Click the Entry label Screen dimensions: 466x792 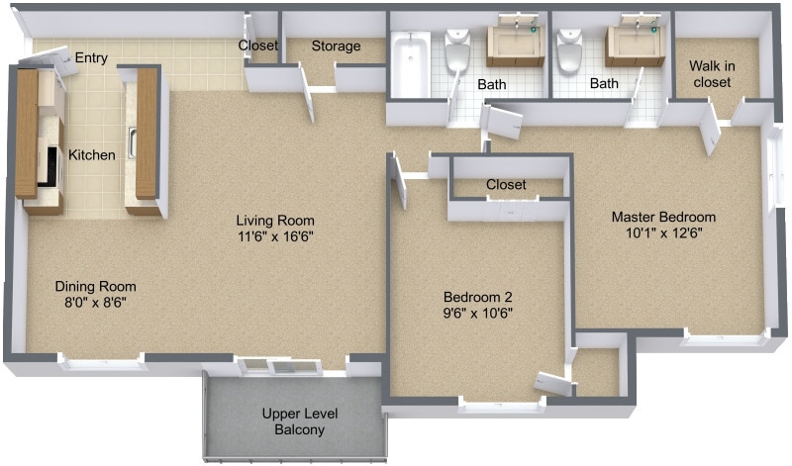pos(91,58)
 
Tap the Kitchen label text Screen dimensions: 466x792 pos(91,155)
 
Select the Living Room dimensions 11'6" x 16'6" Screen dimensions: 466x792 pos(275,235)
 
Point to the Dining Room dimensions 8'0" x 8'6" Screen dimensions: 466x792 pos(95,303)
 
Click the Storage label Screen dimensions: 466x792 pos(336,46)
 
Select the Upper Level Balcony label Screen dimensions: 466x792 pos(293,422)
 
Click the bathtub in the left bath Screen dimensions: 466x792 pos(410,65)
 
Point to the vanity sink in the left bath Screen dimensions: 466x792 pos(516,43)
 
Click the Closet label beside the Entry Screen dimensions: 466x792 pos(257,46)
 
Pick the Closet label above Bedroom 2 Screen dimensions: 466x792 pos(506,184)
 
